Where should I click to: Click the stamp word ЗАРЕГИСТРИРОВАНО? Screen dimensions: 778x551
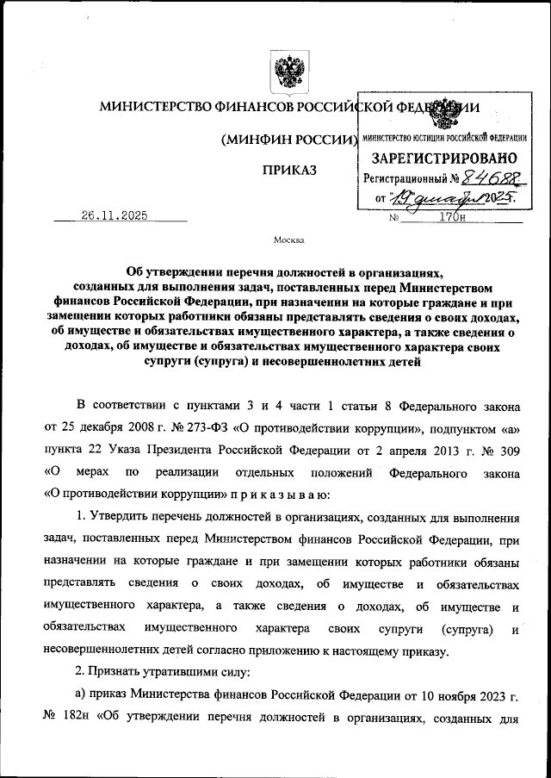click(444, 159)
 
